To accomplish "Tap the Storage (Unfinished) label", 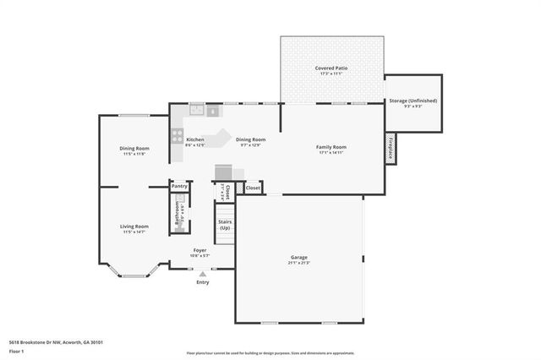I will (413, 101).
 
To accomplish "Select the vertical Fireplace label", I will (391, 147).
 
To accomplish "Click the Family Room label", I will (331, 147).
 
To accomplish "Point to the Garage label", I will (299, 257).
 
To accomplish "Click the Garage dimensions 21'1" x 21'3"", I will (299, 263).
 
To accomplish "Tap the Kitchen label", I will (195, 139).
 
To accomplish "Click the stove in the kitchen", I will (178, 134).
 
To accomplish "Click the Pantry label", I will (179, 185).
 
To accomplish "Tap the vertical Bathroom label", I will (177, 215).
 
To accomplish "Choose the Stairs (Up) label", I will (225, 225).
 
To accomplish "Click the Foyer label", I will (199, 250).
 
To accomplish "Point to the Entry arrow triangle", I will (202, 273).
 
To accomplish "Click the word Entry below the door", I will (202, 281).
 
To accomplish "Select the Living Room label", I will (134, 226).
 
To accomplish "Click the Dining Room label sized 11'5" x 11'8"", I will (134, 149).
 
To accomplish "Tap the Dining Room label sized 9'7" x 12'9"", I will (250, 139).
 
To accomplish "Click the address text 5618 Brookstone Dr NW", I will (36, 342).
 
